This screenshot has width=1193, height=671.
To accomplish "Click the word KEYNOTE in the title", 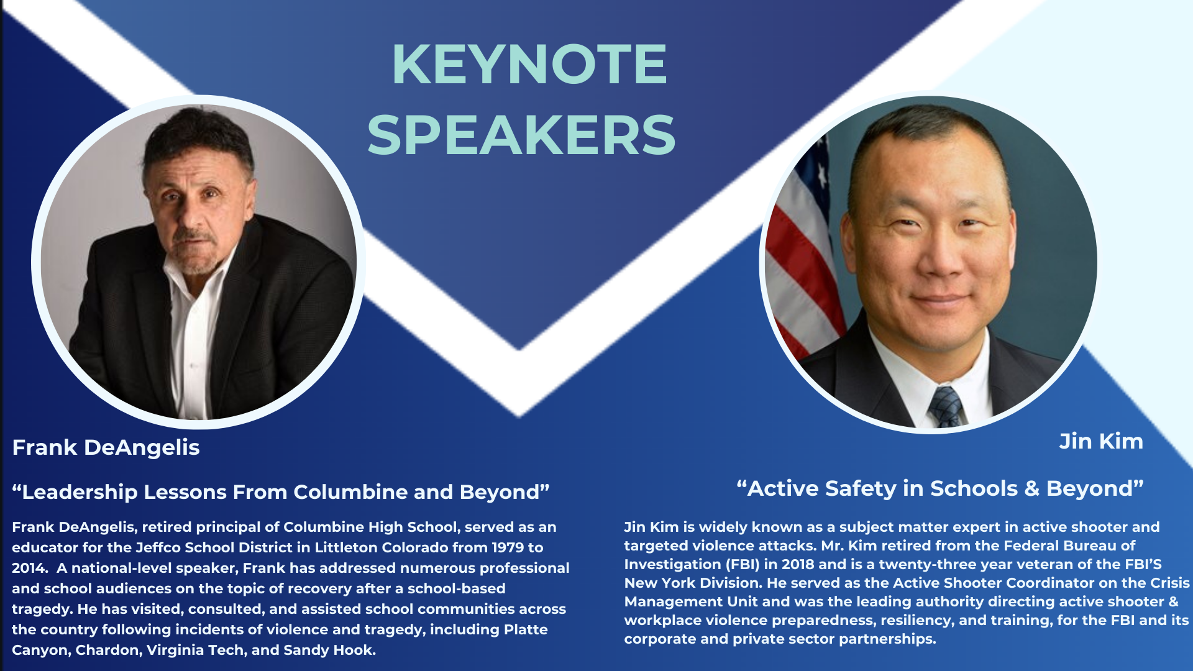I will (x=529, y=65).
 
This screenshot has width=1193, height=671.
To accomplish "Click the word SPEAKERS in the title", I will (x=521, y=135).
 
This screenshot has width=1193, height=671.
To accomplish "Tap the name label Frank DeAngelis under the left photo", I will (x=106, y=447).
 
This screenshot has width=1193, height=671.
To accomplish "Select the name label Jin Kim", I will (x=1100, y=441).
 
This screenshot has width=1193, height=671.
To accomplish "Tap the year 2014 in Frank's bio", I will (x=28, y=568).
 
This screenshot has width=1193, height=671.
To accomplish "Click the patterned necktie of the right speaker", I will (x=946, y=407).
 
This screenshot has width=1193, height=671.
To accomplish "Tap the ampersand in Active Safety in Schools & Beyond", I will (x=1032, y=488).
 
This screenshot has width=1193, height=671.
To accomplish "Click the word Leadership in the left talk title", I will (x=80, y=492).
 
